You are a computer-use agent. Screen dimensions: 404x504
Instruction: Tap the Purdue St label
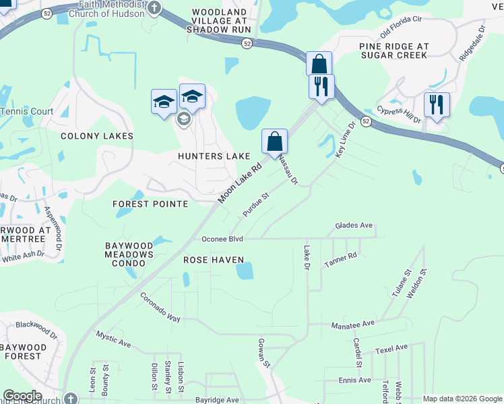pos(256,205)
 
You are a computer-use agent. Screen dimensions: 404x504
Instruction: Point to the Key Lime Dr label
pos(345,140)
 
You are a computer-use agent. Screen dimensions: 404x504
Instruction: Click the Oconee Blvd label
pos(222,239)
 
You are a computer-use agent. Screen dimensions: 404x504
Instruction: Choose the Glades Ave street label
pos(354,226)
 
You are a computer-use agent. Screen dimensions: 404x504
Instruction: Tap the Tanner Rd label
pos(340,258)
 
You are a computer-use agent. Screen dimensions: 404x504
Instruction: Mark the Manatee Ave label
pos(352,324)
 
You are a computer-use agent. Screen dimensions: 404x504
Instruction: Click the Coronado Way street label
pos(160,306)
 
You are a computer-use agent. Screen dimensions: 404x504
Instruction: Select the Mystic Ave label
pos(113,339)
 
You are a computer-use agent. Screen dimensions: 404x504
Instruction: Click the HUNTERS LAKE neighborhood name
pos(214,156)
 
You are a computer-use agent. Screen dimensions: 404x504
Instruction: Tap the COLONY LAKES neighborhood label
pos(97,136)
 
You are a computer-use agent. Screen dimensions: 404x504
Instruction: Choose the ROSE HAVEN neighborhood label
pos(213,259)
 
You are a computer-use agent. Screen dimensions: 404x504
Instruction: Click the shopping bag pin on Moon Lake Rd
pos(274,142)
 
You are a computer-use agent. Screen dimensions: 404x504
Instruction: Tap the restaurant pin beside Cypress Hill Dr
pos(437,104)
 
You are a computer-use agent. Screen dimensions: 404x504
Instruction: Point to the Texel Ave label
pos(392,349)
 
